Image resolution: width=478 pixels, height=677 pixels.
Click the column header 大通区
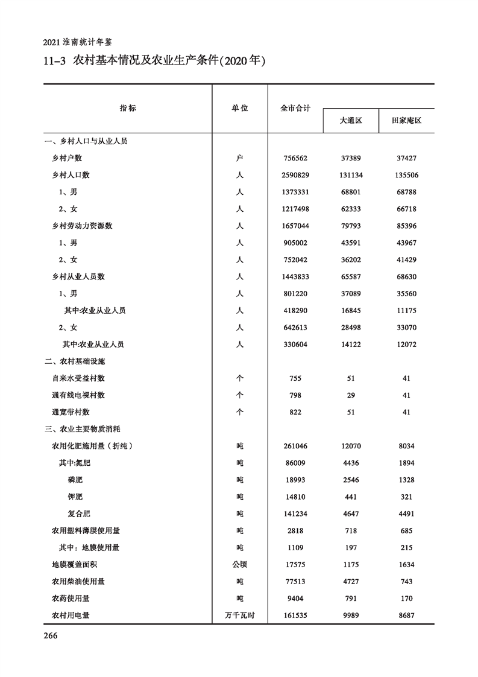tap(350, 121)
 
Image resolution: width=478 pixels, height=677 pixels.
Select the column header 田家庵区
tap(406, 121)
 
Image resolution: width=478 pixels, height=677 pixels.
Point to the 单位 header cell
tap(240, 109)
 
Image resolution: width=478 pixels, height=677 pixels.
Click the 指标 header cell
tap(128, 109)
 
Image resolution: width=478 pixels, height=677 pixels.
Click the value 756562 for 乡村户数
tap(295, 158)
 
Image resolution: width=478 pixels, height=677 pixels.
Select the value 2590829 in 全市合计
tap(295, 175)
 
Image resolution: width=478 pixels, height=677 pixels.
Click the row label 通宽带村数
tap(71, 412)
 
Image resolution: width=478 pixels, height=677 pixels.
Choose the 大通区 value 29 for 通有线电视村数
tap(350, 395)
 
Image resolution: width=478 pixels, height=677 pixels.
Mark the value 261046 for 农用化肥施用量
tap(295, 446)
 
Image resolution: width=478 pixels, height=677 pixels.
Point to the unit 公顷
tap(240, 565)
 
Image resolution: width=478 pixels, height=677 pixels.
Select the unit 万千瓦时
tap(240, 615)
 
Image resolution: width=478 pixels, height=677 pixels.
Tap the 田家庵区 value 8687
tap(406, 615)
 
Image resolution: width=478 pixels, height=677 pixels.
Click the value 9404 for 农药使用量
tap(295, 599)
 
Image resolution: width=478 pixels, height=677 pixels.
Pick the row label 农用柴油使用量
tap(79, 582)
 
